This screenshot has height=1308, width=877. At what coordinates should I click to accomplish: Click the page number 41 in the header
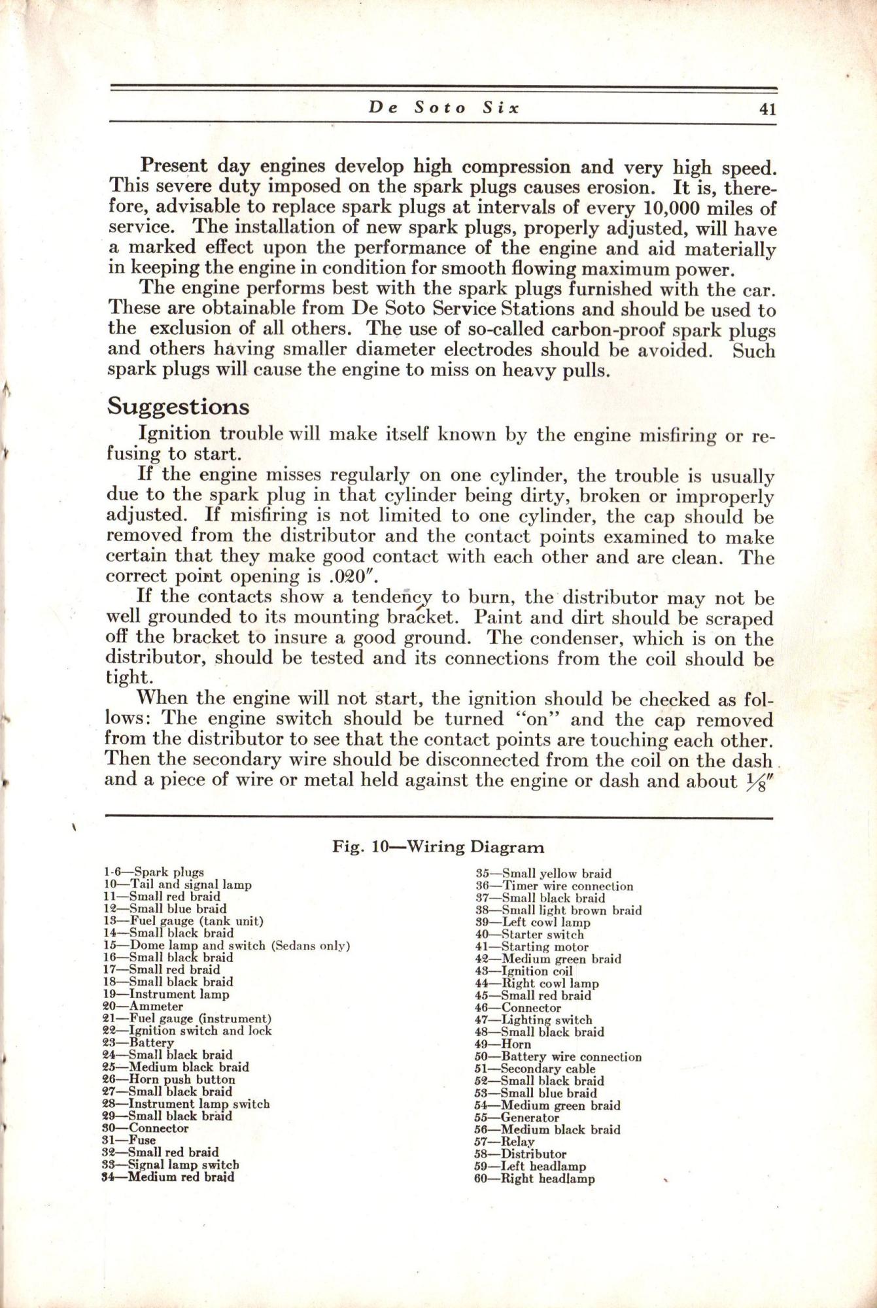tap(767, 109)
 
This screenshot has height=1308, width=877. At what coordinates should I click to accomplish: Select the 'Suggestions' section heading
tap(178, 407)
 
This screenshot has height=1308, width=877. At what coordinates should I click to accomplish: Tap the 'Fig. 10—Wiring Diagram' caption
tap(438, 847)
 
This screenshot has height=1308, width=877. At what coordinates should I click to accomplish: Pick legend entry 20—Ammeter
tap(143, 1007)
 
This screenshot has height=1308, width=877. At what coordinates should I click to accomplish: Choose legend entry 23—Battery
tap(139, 1042)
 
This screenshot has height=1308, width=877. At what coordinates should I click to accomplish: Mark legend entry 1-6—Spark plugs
tap(154, 872)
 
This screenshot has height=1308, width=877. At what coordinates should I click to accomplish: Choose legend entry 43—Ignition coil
tap(514, 971)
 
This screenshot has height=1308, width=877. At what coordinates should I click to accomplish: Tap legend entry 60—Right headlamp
tap(534, 1179)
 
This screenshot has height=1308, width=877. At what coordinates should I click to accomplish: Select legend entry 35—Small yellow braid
tap(543, 873)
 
